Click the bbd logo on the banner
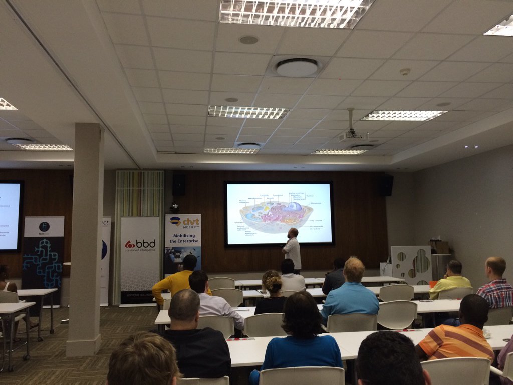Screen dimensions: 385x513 [x=140, y=244]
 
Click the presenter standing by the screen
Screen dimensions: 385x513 [x=292, y=249]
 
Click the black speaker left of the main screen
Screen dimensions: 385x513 [x=179, y=184]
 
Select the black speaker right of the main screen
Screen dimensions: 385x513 [x=386, y=185]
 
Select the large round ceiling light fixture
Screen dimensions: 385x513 [x=297, y=67]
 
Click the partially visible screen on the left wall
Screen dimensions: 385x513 [x=10, y=216]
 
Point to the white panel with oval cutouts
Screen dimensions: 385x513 [x=411, y=264]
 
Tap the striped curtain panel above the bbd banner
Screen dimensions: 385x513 [x=140, y=193]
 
